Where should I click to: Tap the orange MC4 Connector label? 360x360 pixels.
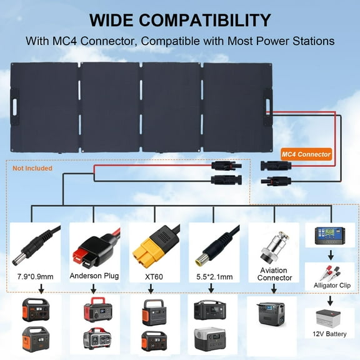point(306,154)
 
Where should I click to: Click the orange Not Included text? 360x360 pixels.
point(32,168)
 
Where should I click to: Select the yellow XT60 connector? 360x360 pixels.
point(149,247)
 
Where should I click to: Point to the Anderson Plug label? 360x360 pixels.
point(94,274)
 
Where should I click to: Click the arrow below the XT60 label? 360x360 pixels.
point(151,288)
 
